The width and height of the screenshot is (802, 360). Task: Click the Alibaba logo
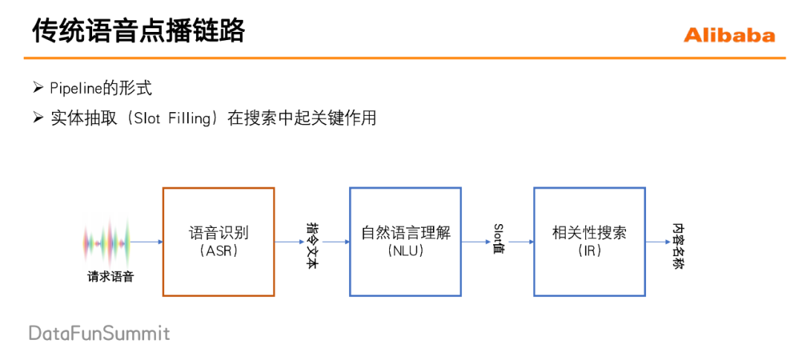click(728, 35)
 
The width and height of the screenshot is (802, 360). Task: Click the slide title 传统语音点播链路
click(139, 32)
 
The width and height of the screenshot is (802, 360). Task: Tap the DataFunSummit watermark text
click(100, 333)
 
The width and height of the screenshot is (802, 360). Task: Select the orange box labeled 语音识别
click(218, 208)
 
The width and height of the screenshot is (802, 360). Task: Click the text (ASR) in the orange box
click(218, 251)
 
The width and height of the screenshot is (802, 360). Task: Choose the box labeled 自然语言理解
click(405, 208)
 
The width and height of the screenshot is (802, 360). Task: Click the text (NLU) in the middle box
click(405, 251)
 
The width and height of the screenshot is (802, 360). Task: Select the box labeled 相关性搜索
click(589, 208)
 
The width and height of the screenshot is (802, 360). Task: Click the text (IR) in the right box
click(590, 251)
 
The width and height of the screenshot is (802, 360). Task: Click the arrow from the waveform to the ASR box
click(147, 242)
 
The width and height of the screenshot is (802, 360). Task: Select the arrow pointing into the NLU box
click(335, 242)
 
